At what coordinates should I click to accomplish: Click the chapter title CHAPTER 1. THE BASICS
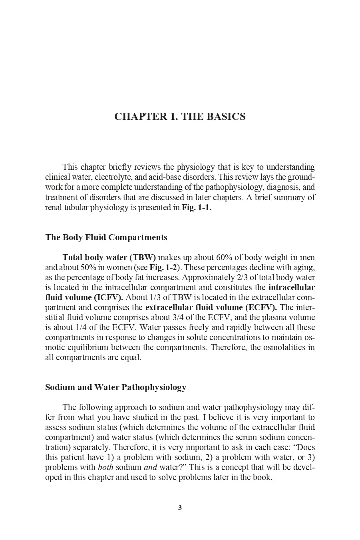pyautogui.click(x=180, y=117)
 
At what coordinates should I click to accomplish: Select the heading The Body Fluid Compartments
pyautogui.click(x=106, y=237)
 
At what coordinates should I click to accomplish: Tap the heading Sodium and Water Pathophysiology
pyautogui.click(x=115, y=387)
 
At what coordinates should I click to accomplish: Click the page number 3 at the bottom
pyautogui.click(x=180, y=508)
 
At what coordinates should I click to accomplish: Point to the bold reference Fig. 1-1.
pyautogui.click(x=196, y=208)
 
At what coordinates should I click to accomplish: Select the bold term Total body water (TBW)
pyautogui.click(x=109, y=257)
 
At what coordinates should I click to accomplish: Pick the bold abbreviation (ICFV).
pyautogui.click(x=109, y=297)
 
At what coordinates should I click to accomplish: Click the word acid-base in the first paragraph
pyautogui.click(x=193, y=177)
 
